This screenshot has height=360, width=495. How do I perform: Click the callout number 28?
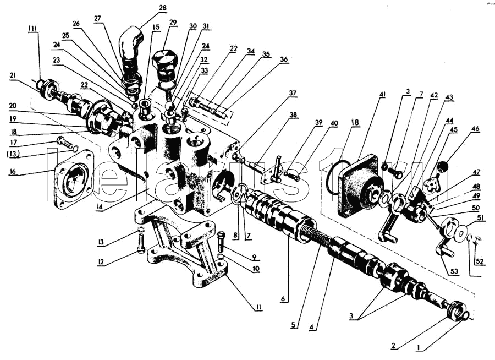point(162,8)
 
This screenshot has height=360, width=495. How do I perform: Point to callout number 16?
point(12,171)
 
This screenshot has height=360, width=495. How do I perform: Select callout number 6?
point(283,299)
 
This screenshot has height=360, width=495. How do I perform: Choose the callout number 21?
point(12,76)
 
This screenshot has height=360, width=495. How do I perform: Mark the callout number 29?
point(173,23)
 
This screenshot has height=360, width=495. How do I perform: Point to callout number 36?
point(284,59)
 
